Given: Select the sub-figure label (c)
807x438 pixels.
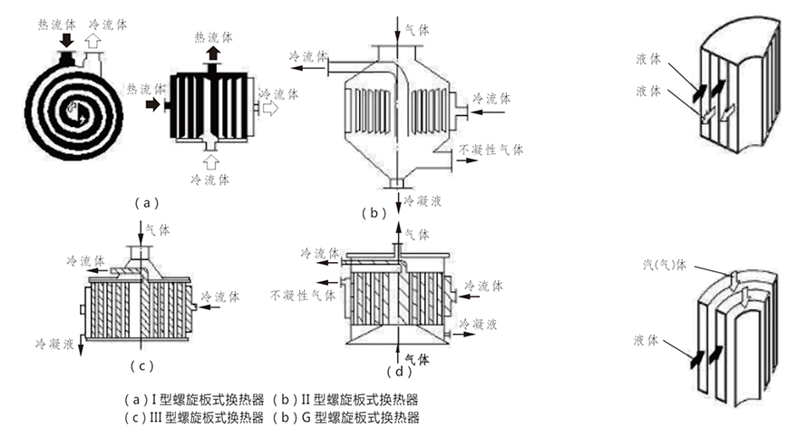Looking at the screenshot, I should click(x=142, y=366).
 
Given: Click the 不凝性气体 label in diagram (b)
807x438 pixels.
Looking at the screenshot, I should click(x=491, y=150).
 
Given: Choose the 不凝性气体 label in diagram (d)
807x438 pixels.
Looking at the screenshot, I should click(x=303, y=295).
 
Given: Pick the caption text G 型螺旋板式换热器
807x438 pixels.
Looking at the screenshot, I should click(x=361, y=418).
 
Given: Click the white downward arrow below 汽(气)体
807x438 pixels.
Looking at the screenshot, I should click(x=742, y=297).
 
